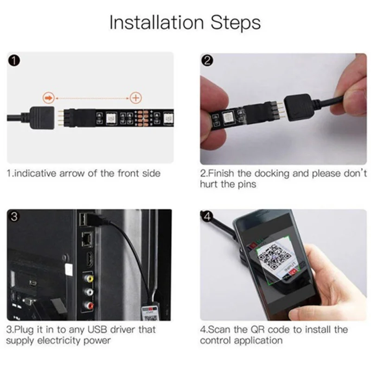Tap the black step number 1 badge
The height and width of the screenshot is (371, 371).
coord(14,61)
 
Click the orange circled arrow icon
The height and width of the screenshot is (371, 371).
coord(48,97)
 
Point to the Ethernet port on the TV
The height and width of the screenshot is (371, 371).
coord(88,239)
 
